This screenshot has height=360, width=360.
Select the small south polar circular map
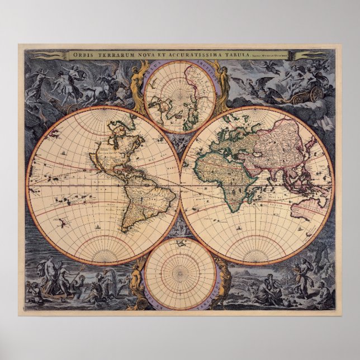[180, 273]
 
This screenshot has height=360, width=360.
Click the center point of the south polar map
[180, 273]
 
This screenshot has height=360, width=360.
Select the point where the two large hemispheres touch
[181, 185]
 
